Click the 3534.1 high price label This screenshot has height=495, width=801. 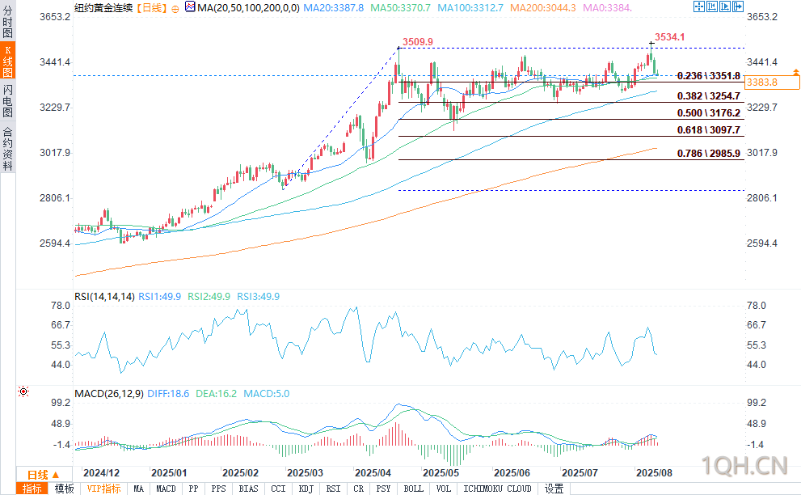(x=670, y=36)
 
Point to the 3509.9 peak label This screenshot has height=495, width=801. (x=418, y=41)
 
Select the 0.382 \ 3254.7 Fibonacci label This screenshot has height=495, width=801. (x=709, y=95)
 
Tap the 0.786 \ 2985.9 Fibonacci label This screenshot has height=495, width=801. (x=709, y=153)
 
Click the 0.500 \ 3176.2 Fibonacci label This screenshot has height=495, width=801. (x=709, y=113)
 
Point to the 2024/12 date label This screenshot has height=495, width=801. (x=102, y=472)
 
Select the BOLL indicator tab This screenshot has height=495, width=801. (x=413, y=489)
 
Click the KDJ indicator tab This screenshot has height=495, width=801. (x=306, y=489)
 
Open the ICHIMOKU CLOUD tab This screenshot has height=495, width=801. (x=496, y=489)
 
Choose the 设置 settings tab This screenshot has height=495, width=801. (x=554, y=489)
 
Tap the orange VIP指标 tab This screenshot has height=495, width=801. (x=104, y=489)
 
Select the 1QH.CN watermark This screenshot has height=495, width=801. (x=746, y=464)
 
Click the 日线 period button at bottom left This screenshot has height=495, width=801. (x=37, y=475)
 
